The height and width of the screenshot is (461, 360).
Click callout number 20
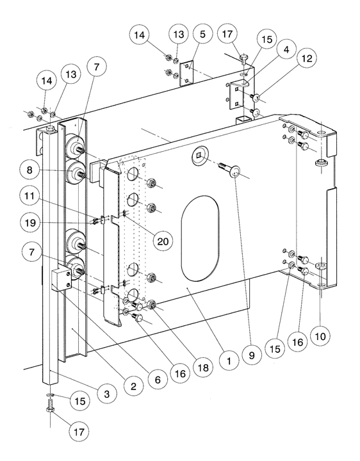click(163, 241)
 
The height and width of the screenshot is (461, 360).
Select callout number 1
click(229, 360)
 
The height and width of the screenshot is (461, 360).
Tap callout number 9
click(252, 355)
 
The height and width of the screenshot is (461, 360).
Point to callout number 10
click(320, 336)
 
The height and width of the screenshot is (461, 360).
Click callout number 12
click(307, 58)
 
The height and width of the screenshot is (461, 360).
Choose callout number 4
click(286, 49)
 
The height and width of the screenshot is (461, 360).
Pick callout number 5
click(202, 35)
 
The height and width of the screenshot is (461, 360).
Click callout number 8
click(29, 170)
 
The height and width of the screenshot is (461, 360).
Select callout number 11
click(29, 195)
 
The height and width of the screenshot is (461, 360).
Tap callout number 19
click(29, 223)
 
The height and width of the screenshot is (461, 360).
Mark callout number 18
click(203, 368)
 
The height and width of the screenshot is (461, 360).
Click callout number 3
click(107, 393)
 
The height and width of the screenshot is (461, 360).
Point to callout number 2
click(133, 386)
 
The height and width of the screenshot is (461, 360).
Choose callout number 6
click(158, 379)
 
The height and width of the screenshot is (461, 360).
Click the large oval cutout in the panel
click(200, 238)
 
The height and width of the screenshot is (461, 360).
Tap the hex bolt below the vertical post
click(49, 406)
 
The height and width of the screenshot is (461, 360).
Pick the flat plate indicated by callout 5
click(186, 74)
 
